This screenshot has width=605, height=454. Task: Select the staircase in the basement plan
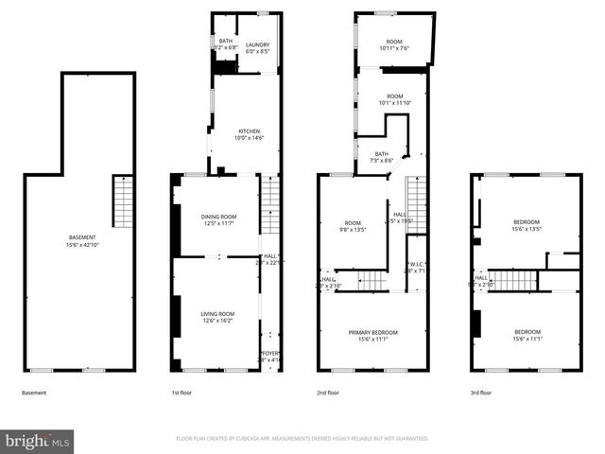(123, 201)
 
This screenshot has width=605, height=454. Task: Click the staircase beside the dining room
(270, 194)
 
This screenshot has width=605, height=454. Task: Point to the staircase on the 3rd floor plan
(511, 280)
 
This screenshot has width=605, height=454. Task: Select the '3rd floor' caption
(480, 393)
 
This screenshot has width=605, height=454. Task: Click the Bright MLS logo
(38, 441)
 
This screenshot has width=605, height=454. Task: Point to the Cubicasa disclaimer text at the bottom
(302, 439)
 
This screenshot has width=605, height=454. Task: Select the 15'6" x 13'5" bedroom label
(527, 225)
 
